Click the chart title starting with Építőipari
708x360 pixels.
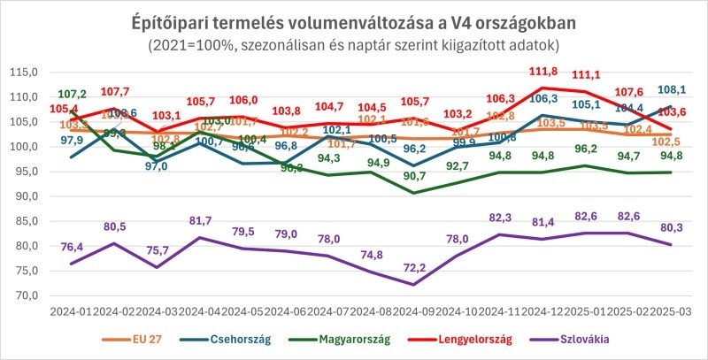point(354,19)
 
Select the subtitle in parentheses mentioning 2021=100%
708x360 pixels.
point(354,43)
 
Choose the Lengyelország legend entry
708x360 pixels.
point(486,339)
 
